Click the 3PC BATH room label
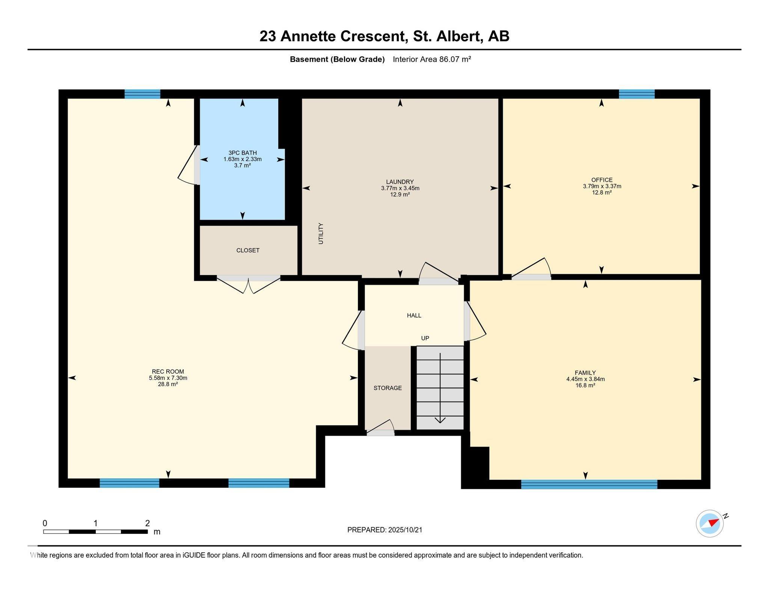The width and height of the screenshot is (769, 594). pos(243,153)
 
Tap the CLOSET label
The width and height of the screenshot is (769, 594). pos(248,250)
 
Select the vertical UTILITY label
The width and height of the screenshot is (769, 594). pos(321,234)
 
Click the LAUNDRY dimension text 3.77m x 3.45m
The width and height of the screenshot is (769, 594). pos(400,188)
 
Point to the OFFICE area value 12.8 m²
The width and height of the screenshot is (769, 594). pos(602,192)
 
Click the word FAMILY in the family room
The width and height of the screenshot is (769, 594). pos(585,373)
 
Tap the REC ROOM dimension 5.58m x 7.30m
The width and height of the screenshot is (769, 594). pos(168,378)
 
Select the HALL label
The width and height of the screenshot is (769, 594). pos(414,315)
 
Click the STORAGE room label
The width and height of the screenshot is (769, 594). pos(388,388)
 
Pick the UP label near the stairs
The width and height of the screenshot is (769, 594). pos(425,338)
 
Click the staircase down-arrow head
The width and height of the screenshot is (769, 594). pos(440,420)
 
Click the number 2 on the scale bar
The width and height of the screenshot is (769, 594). pos(148,523)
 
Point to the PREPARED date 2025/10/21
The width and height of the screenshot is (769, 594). pos(405,530)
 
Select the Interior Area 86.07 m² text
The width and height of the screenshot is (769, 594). pos(432,59)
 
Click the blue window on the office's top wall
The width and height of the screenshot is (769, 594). pos(636,94)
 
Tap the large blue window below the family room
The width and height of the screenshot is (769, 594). pos(589,484)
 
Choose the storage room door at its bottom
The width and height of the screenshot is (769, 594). pos(381,428)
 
